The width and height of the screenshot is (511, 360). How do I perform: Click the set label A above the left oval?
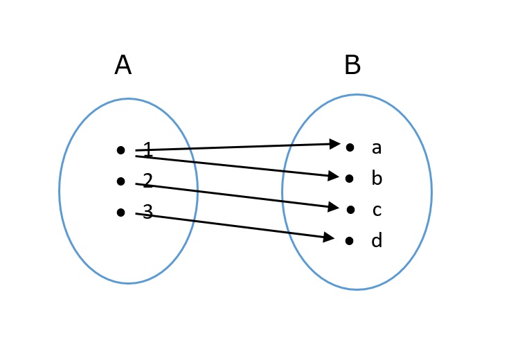pos(123,66)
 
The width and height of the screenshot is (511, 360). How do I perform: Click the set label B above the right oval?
pos(352,66)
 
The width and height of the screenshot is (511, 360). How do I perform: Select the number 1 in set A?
pos(147,149)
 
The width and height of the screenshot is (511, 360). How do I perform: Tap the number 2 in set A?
pos(147,181)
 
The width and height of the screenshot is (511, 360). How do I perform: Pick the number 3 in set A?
pos(147,211)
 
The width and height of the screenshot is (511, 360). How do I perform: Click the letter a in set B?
pos(377,147)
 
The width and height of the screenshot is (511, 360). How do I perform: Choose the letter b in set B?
pos(377,179)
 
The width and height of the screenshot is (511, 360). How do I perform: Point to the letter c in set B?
pos(377,210)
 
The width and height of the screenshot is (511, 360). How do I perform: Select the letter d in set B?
pos(377,241)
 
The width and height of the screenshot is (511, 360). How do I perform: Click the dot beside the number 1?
pos(120,150)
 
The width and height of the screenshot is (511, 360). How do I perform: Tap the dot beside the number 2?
pos(120,181)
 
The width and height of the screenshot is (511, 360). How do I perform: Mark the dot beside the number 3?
pos(120,212)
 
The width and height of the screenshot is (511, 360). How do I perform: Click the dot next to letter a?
pos(350,147)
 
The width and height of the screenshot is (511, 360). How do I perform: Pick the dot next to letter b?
pos(350,179)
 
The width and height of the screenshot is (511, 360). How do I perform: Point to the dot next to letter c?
pos(350,209)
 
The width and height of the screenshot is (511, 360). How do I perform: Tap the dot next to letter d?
pos(350,241)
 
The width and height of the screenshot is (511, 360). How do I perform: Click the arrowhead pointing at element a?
pos(335,144)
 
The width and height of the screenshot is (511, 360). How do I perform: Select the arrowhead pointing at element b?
pos(334,176)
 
